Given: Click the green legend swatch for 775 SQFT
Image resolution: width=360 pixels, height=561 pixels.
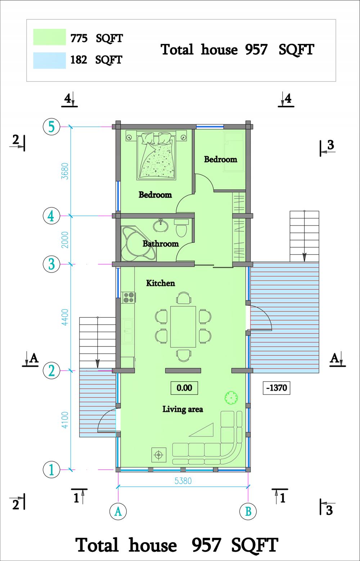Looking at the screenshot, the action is [50, 37].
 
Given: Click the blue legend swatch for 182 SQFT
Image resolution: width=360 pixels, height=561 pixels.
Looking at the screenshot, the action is [50, 61].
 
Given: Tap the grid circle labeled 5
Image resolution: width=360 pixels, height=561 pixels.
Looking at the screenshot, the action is [51, 127].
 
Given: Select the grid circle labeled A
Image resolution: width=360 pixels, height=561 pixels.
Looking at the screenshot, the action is [118, 511].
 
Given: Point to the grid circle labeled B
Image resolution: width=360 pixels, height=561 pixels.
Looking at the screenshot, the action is [248, 511].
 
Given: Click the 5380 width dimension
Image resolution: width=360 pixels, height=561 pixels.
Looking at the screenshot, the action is [183, 481].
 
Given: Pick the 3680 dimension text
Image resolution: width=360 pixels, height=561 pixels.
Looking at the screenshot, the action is [65, 171].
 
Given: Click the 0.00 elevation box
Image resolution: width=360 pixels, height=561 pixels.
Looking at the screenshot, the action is [184, 388].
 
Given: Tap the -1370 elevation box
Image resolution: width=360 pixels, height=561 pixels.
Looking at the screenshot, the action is [276, 388].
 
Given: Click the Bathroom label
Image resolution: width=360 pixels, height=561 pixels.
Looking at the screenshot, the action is [161, 244].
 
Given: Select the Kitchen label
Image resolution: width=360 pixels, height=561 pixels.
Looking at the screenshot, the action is [161, 283].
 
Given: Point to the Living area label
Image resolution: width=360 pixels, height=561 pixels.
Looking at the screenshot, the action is [183, 409].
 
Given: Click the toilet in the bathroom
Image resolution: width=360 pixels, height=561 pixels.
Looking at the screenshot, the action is [181, 228].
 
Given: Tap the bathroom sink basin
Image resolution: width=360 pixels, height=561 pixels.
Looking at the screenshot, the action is [160, 225].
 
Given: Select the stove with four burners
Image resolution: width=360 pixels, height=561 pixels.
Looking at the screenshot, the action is [128, 298].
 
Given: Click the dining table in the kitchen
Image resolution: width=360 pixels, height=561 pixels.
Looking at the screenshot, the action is [183, 326].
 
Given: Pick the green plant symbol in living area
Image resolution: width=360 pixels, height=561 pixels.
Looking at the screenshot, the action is [231, 397].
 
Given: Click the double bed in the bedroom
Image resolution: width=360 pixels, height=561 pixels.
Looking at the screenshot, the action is [156, 155].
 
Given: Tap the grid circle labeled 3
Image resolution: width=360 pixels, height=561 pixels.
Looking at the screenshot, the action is [51, 264].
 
